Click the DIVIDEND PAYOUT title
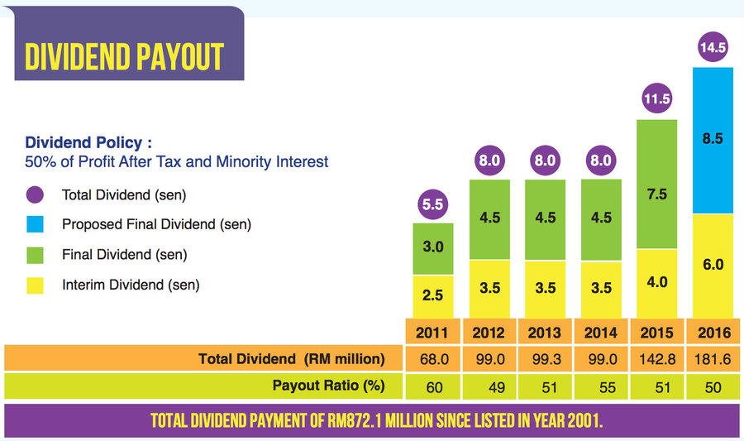tap(124, 55)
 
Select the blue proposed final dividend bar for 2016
tap(713, 140)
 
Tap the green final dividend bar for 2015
tap(657, 184)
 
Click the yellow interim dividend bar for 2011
tap(433, 296)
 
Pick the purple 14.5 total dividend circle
tap(713, 49)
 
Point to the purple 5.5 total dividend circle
tap(433, 202)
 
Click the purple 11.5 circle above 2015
tap(657, 99)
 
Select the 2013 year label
tap(545, 333)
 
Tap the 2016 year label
tap(713, 333)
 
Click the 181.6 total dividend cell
tap(713, 359)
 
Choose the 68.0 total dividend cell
tap(433, 359)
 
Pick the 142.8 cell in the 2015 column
tap(657, 359)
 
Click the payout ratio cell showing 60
tap(433, 386)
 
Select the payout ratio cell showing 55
tap(601, 386)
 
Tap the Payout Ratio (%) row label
tap(328, 386)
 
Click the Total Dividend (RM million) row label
tap(292, 359)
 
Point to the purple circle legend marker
tap(35, 196)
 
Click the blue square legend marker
tap(35, 224)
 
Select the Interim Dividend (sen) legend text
tap(131, 285)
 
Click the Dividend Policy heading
tap(89, 142)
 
